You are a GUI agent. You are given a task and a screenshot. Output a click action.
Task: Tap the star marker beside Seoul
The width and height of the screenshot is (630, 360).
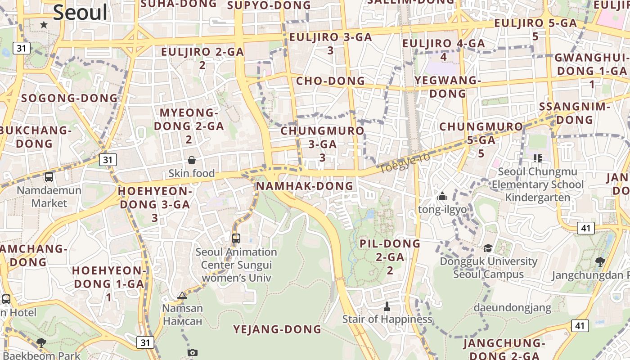[44, 25]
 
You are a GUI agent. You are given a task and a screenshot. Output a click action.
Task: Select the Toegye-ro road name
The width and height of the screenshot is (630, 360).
[405, 163]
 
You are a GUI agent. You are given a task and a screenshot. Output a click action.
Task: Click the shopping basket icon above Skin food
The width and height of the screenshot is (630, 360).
[192, 160]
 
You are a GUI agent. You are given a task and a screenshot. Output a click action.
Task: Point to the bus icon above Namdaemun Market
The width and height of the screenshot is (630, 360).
[49, 177]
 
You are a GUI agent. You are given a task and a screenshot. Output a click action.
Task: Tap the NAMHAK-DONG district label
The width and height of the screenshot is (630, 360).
[305, 186]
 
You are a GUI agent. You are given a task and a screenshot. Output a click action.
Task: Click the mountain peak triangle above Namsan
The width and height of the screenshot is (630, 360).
[182, 296]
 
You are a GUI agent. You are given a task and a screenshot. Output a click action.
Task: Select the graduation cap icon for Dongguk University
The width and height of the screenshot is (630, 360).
[488, 248]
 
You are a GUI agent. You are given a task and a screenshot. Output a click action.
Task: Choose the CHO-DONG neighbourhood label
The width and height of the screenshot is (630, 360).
[330, 81]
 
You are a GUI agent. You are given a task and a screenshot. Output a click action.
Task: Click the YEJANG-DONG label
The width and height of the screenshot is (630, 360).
[277, 329]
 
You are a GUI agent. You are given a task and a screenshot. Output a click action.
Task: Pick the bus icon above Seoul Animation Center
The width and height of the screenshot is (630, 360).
[236, 238]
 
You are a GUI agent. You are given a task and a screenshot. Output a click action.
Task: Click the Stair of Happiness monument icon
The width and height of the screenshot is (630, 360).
[387, 306]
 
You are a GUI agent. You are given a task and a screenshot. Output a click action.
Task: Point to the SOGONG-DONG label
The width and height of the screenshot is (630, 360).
[69, 98]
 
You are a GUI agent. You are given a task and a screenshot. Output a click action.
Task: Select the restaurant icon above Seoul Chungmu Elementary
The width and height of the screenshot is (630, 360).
[537, 158]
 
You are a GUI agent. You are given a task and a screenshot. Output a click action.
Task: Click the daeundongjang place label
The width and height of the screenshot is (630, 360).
[512, 308]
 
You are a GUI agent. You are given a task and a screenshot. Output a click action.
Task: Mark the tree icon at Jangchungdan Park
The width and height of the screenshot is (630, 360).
[600, 261]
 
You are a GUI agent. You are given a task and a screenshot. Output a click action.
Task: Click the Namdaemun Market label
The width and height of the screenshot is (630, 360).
[49, 197]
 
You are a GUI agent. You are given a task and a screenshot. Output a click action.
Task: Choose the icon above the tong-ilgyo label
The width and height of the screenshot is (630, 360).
[442, 197]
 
